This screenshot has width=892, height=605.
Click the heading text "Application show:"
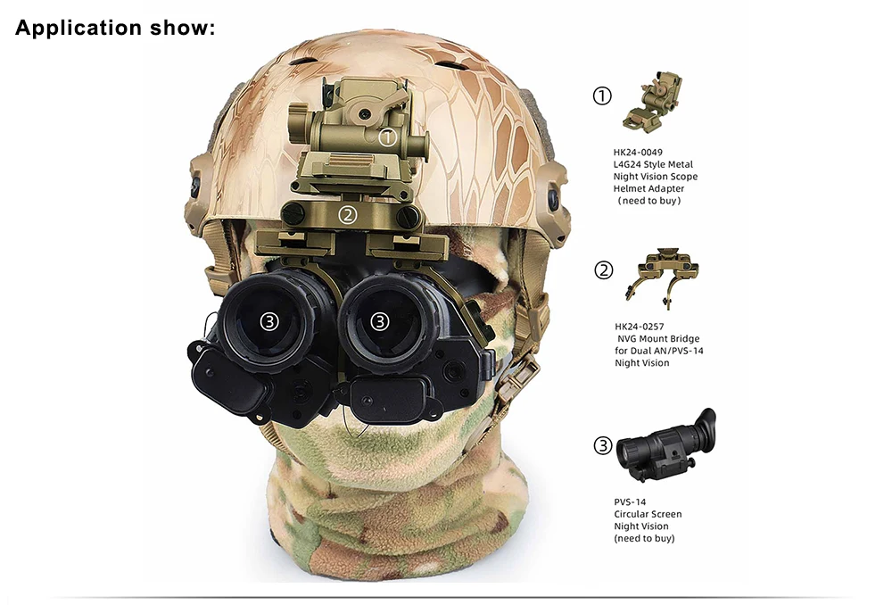point(115,28)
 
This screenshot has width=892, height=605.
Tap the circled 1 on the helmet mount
point(387,137)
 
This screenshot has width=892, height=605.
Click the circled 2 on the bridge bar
point(348,215)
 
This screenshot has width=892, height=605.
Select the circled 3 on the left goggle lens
point(269,321)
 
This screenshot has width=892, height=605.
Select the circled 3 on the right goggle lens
point(380,321)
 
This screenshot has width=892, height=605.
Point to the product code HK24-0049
point(638,153)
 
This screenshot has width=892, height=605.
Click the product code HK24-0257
point(640,327)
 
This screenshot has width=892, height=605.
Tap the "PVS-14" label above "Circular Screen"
point(630,502)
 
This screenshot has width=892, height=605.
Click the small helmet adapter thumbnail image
point(654,101)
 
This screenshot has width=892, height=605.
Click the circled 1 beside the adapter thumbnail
point(602,95)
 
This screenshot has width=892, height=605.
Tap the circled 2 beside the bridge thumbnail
point(604,270)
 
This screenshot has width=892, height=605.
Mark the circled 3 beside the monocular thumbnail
point(603,445)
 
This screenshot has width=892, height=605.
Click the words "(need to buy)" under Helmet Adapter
point(649,201)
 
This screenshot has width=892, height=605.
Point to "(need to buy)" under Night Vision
point(644,538)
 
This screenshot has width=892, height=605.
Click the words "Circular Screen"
point(648,514)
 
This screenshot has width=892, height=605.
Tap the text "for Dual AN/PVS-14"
point(659,351)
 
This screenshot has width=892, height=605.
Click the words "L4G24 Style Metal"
point(653,164)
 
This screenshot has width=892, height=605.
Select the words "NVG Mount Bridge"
point(658,339)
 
